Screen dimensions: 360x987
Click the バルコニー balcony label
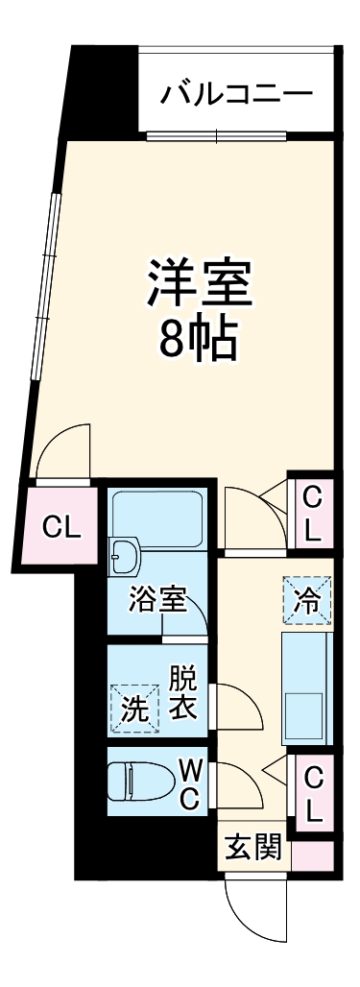(236, 93)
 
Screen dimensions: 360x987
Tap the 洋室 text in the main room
(199, 281)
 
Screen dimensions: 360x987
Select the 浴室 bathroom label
(157, 602)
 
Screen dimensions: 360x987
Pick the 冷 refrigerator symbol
(308, 601)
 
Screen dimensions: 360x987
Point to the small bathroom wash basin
(125, 556)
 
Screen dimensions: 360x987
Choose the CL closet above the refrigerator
(312, 513)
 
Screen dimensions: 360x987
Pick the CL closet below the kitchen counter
(312, 793)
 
